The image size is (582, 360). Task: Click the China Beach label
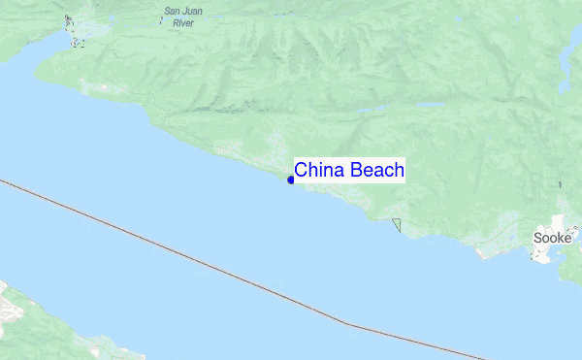click(x=349, y=171)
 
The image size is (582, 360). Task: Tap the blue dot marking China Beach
click(x=291, y=180)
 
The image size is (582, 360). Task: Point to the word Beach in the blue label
click(x=377, y=171)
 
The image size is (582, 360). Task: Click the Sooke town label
click(x=552, y=238)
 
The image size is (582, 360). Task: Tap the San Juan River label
click(x=184, y=16)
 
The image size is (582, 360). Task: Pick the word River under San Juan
click(x=170, y=22)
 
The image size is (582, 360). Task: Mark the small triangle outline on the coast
click(x=397, y=225)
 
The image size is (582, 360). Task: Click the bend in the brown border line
click(x=349, y=323)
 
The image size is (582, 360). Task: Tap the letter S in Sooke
click(x=538, y=238)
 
